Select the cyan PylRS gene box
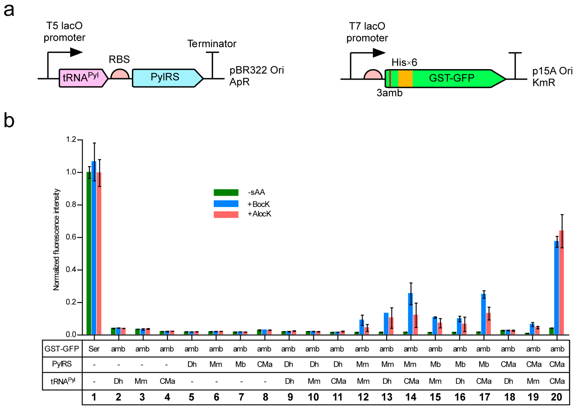point(165,78)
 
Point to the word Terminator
point(212,44)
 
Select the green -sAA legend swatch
point(226,193)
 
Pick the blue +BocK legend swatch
point(226,203)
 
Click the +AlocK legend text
point(259,214)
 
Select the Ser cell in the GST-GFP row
point(94,349)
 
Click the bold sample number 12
point(363,397)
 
